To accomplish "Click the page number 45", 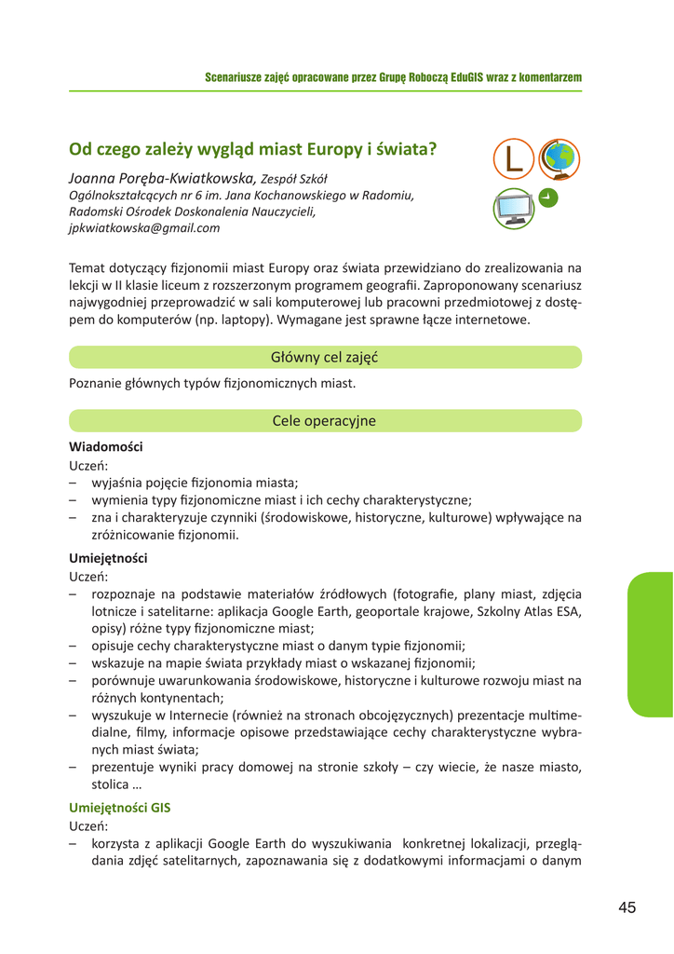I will pos(626,908).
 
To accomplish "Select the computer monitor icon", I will pos(515,208).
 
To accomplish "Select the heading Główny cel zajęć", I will pos(324,357).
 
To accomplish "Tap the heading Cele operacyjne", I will pos(324,420).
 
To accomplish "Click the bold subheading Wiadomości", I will pos(106,447).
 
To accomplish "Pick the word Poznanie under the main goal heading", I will pos(96,383).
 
